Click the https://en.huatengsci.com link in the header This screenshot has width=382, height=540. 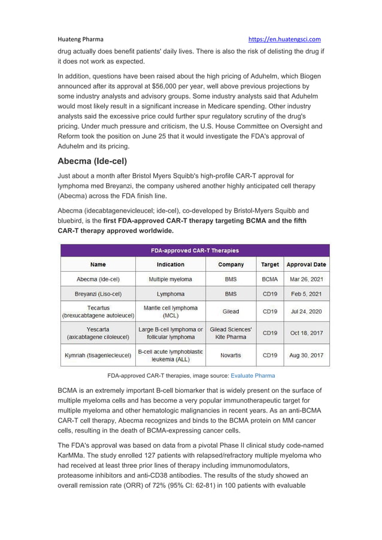coord(284,39)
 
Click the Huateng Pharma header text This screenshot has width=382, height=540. coord(80,39)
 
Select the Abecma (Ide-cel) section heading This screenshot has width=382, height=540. coord(92,161)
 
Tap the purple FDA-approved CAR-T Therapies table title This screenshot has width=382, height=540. coord(195,250)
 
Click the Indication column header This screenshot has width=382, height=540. coord(171,264)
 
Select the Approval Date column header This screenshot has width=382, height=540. coord(306,264)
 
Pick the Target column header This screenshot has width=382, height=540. coord(269,264)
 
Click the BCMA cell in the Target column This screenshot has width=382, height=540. coord(269,279)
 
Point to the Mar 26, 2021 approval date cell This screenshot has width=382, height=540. coord(306,279)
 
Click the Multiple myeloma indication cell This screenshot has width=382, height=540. coord(171,279)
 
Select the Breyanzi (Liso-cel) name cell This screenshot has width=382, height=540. coord(98,294)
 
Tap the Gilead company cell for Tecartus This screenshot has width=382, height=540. coord(231,311)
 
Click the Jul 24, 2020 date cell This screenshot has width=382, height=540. coord(306,311)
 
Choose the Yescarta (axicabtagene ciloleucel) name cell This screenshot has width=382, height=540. coord(98,333)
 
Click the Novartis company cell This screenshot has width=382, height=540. coord(231,355)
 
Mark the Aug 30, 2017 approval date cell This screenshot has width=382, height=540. coord(306,355)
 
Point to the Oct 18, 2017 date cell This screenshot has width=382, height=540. coord(306,333)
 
